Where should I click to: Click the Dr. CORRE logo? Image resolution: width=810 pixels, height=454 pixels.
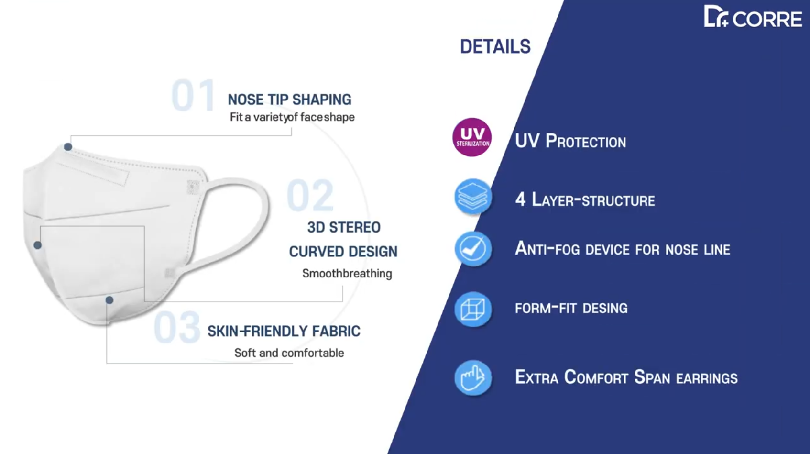[x=753, y=17]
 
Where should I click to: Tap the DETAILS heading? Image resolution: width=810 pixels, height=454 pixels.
[x=495, y=47]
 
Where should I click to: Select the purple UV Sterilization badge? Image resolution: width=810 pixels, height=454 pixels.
[x=472, y=137]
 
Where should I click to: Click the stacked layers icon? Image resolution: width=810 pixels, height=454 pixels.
[x=473, y=197]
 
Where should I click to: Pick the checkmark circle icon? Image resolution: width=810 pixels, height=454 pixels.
[x=473, y=249]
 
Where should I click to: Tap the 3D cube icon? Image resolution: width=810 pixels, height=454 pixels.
[x=473, y=310]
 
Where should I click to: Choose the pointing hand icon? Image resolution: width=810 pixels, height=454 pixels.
[x=473, y=377]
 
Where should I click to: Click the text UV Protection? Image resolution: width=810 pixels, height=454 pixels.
[x=570, y=141]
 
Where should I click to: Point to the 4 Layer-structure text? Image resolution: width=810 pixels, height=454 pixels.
[x=585, y=199]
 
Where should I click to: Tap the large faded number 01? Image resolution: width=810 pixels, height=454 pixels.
[x=193, y=96]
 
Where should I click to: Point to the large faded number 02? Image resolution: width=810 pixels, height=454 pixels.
[x=310, y=195]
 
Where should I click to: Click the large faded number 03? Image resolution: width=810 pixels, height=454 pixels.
[x=177, y=328]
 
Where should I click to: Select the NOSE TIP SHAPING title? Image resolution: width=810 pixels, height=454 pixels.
[x=289, y=100]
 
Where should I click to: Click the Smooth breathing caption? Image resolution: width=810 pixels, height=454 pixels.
[x=347, y=274]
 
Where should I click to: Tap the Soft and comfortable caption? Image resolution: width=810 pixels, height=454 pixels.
[x=289, y=353]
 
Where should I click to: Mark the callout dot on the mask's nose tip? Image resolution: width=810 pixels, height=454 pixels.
[x=68, y=147]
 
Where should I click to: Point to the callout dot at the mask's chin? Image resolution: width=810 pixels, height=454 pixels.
[x=109, y=300]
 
